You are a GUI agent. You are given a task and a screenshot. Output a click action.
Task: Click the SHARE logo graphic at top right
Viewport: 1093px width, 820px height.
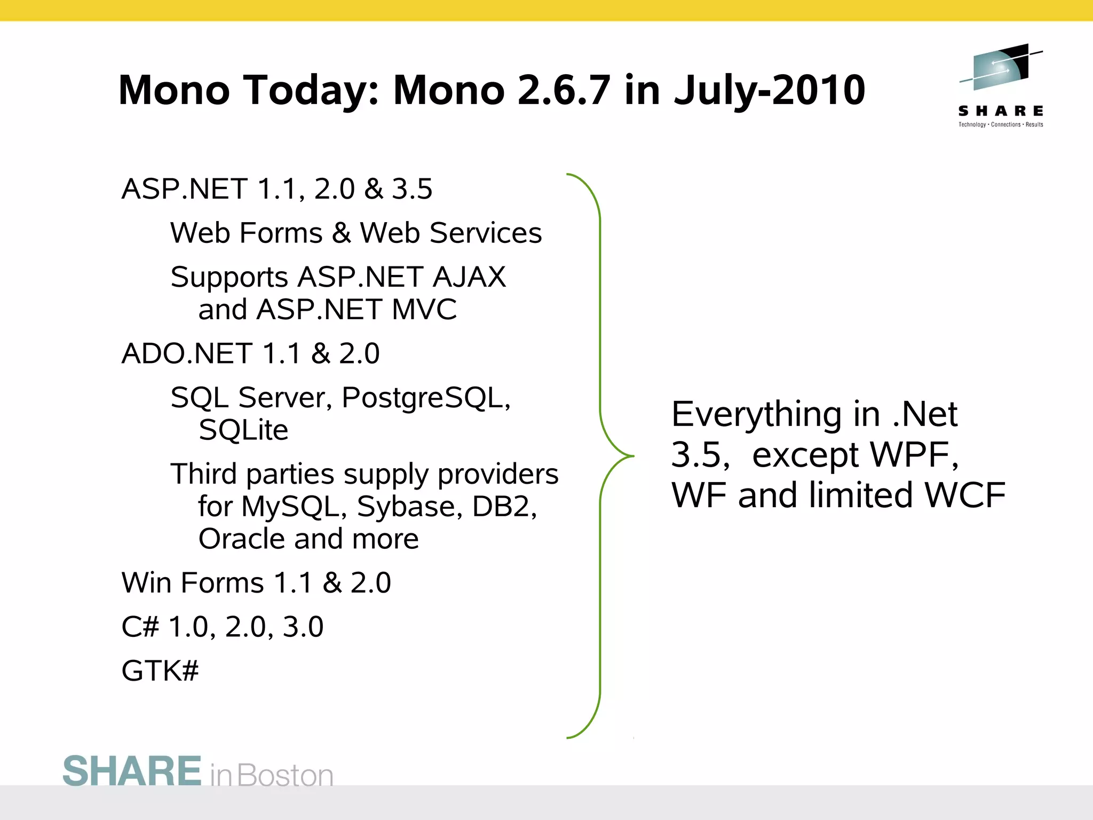pos(1001,68)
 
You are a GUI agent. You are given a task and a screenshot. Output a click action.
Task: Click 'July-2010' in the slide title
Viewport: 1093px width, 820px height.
pos(769,90)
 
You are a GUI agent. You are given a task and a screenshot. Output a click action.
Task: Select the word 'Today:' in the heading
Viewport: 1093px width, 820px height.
pos(312,90)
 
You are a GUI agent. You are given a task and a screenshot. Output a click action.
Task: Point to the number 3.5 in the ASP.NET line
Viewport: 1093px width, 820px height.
pos(412,189)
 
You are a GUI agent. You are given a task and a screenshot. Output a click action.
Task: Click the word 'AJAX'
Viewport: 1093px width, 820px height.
pos(469,277)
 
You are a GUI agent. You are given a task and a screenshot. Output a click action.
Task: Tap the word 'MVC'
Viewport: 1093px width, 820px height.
pos(424,310)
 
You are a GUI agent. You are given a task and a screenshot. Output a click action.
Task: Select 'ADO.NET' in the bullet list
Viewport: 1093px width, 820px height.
pos(187,353)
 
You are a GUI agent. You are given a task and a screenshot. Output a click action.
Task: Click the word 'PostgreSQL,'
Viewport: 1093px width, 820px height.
pos(426,398)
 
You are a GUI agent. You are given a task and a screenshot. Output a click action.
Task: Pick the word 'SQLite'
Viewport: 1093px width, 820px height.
pos(243,430)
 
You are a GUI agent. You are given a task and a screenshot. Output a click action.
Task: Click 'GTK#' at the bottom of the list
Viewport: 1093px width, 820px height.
pos(160,671)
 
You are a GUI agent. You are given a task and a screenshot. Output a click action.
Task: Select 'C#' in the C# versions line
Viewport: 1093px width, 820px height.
pos(140,627)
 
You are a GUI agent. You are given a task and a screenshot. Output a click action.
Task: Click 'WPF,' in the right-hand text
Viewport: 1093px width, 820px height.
pos(914,455)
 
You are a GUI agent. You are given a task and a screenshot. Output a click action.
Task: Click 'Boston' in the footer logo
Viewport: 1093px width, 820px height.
pos(285,776)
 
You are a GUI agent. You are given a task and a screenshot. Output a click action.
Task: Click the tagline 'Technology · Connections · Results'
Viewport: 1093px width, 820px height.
pos(1001,125)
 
